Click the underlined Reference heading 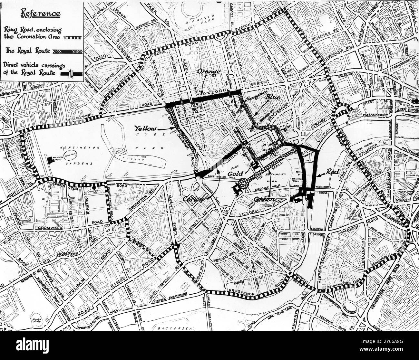pyautogui.click(x=40, y=14)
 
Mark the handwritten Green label pyautogui.click(x=264, y=200)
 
